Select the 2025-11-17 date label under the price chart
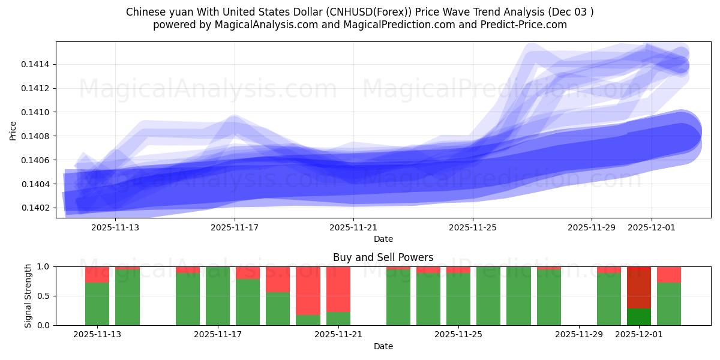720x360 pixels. (x=235, y=227)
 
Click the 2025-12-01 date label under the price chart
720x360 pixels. (x=652, y=227)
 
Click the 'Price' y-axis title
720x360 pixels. (x=13, y=130)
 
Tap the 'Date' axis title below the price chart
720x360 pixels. (x=383, y=239)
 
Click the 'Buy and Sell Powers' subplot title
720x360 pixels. (x=383, y=257)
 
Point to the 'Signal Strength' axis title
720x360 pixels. (x=28, y=296)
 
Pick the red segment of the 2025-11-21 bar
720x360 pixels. (x=338, y=289)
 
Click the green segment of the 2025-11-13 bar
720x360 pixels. (x=97, y=304)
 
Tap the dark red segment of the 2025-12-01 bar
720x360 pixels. (x=639, y=287)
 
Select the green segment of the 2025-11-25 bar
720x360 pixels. (x=458, y=299)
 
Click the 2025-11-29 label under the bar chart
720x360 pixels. (x=579, y=335)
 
